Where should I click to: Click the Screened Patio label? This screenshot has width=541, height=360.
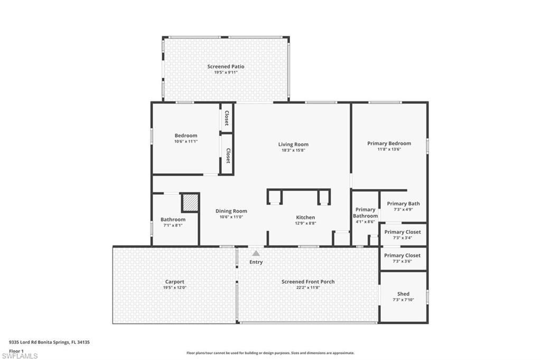[226, 67]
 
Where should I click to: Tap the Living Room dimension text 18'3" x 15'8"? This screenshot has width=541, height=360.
[293, 150]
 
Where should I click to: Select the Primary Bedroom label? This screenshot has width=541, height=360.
[389, 143]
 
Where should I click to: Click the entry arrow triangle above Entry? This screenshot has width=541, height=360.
[256, 253]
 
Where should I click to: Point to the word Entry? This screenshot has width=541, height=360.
[256, 262]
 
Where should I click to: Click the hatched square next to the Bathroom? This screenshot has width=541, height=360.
[190, 203]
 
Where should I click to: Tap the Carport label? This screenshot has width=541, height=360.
[174, 282]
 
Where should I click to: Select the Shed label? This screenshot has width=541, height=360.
[403, 294]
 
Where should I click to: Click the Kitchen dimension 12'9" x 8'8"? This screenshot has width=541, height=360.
[305, 223]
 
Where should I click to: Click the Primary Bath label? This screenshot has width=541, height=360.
[403, 204]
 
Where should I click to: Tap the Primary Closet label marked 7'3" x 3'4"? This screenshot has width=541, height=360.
[403, 232]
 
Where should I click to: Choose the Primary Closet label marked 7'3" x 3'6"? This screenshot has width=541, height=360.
[403, 255]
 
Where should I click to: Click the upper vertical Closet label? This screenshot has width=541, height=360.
[227, 117]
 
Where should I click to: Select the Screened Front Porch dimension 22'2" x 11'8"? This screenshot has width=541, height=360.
[308, 288]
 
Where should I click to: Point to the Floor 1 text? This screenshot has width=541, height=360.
[16, 350]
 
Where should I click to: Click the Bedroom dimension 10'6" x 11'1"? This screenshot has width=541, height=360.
[186, 141]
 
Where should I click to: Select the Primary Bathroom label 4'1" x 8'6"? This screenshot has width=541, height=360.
[365, 213]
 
